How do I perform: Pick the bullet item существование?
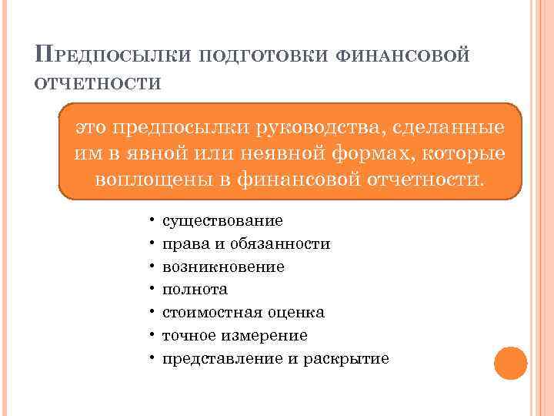tap(222, 221)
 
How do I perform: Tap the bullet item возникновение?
tap(223, 267)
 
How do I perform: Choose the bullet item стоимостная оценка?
tap(243, 313)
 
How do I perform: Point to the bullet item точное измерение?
tap(235, 336)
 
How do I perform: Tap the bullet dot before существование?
tap(153, 221)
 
